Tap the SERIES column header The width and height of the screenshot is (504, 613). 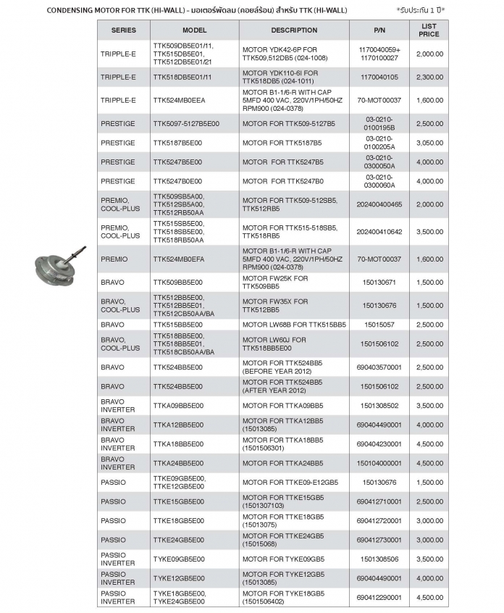tap(123, 30)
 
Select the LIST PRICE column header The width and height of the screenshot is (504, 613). tap(429, 30)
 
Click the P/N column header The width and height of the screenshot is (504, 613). tap(379, 30)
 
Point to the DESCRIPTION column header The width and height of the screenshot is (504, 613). tap(294, 30)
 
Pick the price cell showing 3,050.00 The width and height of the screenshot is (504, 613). tap(429, 143)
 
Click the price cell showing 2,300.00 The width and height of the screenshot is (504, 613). tap(429, 77)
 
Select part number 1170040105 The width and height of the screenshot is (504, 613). tap(379, 77)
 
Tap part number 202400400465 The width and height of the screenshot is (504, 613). tap(379, 205)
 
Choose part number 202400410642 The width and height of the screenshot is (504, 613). tap(379, 231)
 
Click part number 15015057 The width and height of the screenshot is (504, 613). tap(379, 325)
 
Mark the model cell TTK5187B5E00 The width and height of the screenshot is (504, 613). tap(178, 143)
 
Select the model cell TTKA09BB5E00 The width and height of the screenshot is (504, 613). tap(178, 406)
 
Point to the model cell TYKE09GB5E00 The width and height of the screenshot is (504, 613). tap(178, 559)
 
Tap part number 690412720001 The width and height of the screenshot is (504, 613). tap(379, 521)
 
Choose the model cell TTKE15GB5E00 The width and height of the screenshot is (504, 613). tap(178, 501)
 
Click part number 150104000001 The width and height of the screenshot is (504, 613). tap(379, 462)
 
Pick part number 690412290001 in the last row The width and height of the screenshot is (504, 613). tap(379, 597)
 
